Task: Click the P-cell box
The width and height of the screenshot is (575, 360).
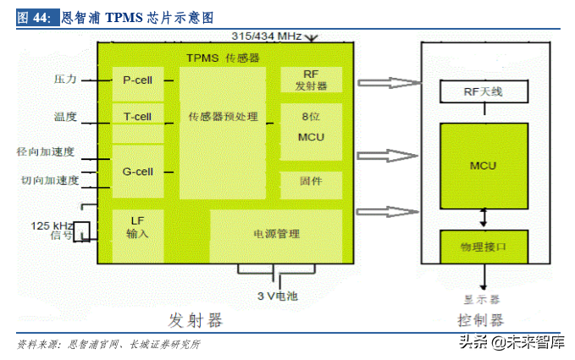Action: click(137, 80)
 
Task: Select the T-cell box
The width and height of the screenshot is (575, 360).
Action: click(137, 116)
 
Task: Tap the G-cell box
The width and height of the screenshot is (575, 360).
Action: click(137, 171)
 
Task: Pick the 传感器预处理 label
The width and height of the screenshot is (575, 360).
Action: click(223, 116)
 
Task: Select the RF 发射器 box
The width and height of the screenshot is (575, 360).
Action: click(311, 80)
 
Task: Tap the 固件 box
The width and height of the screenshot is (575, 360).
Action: click(311, 181)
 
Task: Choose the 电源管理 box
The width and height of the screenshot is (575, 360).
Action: click(276, 234)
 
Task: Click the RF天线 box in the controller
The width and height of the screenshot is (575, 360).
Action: click(483, 91)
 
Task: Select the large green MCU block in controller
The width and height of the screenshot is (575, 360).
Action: click(483, 165)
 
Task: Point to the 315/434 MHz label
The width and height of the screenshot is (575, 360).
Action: click(266, 36)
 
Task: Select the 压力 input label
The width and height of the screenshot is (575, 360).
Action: click(65, 79)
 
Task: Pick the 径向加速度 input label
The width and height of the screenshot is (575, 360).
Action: click(47, 152)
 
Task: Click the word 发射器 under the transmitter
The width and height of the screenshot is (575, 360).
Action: click(195, 320)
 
